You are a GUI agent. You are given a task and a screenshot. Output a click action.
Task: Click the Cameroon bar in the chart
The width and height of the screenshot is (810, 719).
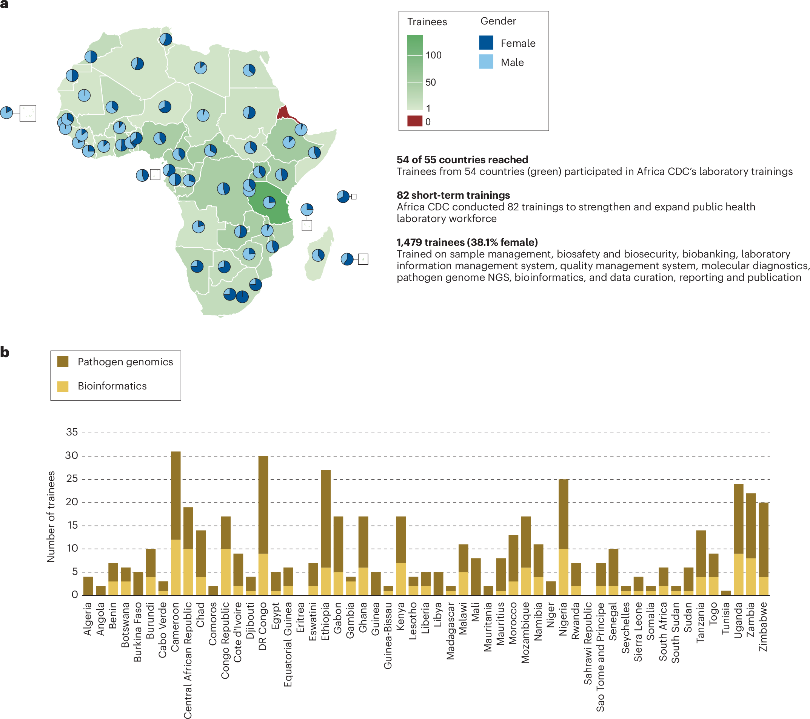click(176, 523)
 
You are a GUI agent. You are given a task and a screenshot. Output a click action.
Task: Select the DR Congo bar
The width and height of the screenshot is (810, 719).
click(263, 525)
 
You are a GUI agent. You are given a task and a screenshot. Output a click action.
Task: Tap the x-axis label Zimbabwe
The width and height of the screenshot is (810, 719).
click(763, 627)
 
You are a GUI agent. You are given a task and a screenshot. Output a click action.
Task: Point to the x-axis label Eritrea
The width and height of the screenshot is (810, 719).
click(300, 618)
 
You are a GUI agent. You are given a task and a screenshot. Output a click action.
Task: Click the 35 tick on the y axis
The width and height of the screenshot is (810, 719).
click(72, 432)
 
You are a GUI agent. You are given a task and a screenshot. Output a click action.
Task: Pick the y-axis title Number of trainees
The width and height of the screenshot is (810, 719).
click(51, 516)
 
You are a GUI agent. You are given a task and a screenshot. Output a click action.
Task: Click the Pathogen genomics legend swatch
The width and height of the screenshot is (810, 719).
click(63, 362)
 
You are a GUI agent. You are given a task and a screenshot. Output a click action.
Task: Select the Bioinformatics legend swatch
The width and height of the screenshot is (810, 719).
click(63, 386)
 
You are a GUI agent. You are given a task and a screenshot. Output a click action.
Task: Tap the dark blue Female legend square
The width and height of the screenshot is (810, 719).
click(486, 43)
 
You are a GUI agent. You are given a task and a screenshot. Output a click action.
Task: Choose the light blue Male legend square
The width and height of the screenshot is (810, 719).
click(486, 62)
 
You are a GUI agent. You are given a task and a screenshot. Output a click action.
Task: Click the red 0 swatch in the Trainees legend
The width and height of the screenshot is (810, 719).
click(414, 121)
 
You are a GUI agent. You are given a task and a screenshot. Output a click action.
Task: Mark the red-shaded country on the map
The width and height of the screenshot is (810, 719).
click(283, 113)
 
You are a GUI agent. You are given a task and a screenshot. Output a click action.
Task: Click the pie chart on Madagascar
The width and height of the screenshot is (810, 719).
click(318, 255)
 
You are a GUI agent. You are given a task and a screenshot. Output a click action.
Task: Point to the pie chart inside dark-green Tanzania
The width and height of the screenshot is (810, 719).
click(269, 202)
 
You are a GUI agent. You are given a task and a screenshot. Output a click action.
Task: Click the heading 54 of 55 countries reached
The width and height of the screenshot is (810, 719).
click(462, 159)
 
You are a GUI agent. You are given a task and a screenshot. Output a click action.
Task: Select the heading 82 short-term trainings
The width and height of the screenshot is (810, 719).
click(453, 195)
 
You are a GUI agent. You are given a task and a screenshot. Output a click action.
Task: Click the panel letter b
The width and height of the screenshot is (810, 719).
click(5, 352)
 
